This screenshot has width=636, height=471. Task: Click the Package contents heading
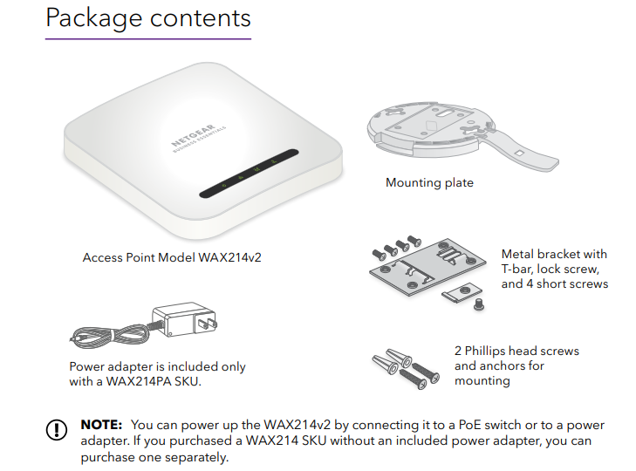[x=147, y=17]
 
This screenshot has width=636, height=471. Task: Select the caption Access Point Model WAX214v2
[x=172, y=257]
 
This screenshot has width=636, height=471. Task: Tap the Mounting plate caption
[x=429, y=183]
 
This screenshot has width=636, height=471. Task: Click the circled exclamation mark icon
[x=57, y=430]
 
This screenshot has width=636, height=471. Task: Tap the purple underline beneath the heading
[x=147, y=38]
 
